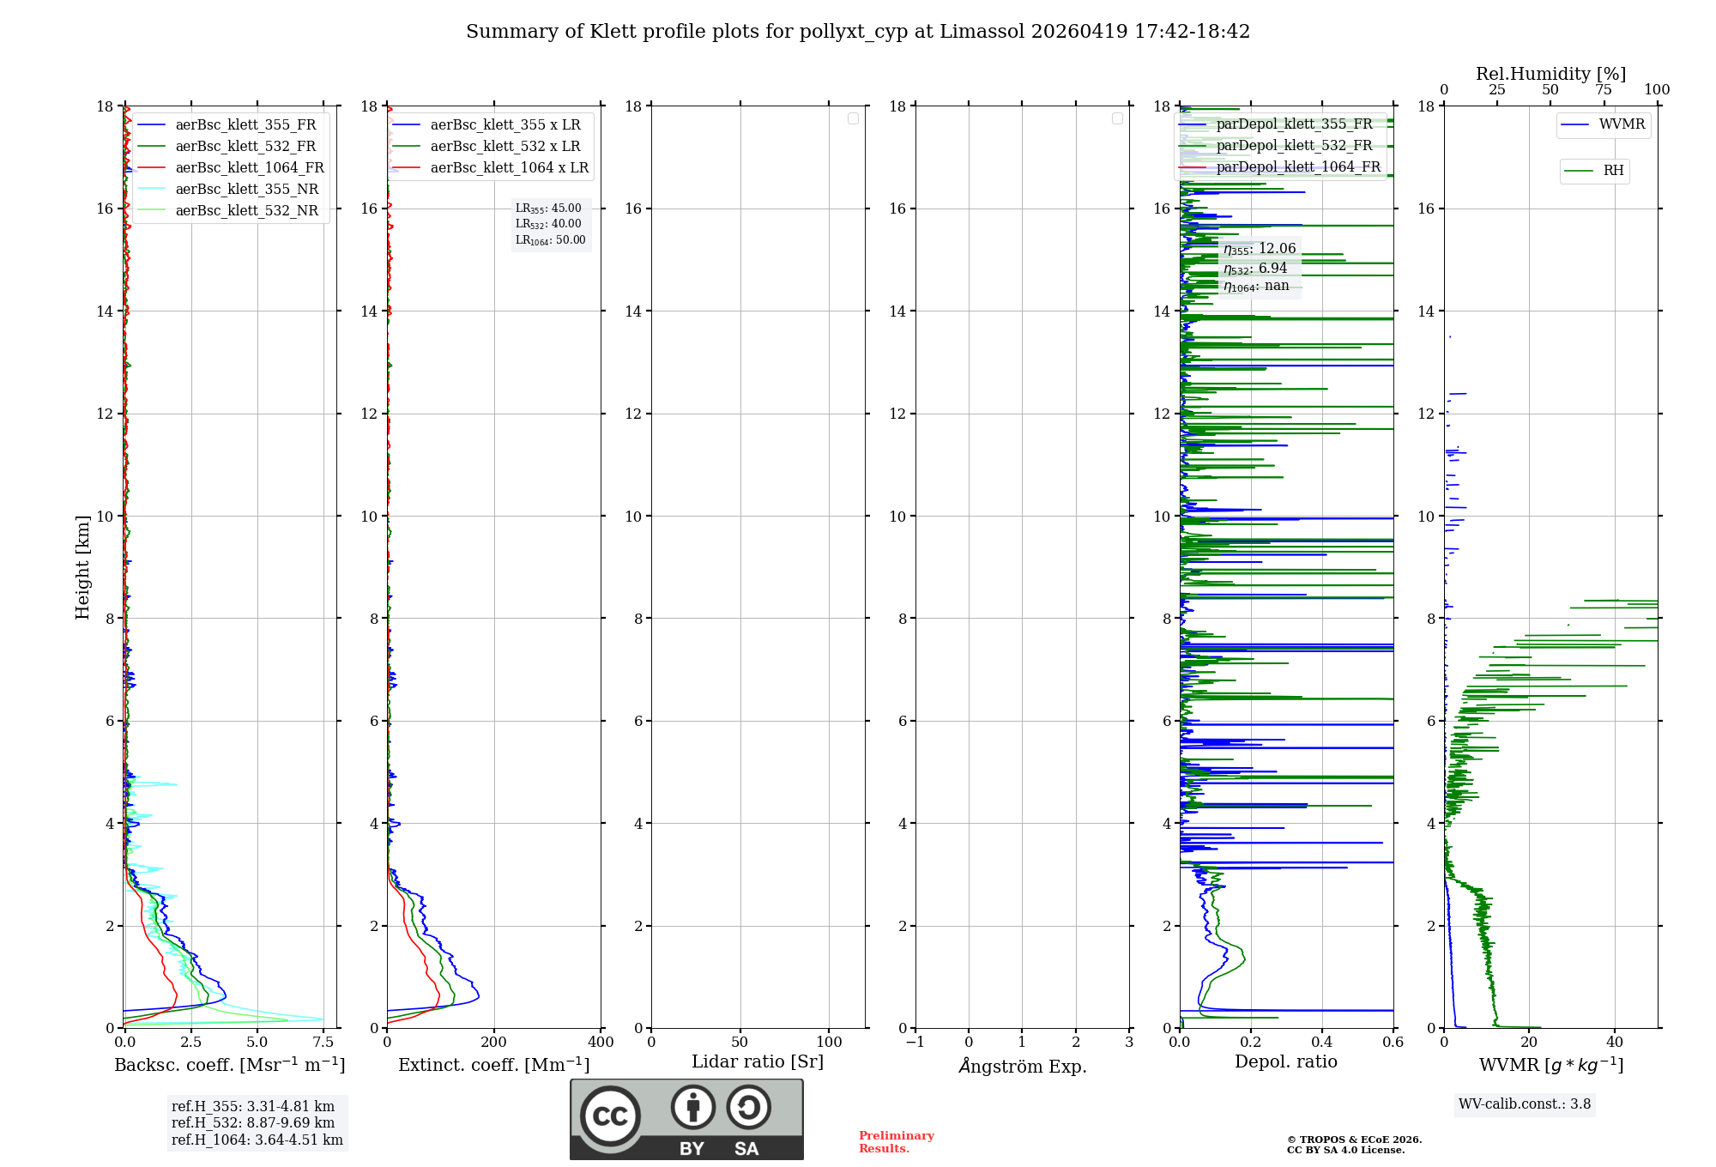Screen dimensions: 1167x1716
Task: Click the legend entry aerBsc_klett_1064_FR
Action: point(250,168)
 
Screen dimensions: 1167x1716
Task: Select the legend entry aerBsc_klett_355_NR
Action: point(246,190)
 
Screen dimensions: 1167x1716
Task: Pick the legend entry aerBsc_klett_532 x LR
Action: point(505,147)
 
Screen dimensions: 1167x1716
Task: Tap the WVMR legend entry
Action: point(1622,124)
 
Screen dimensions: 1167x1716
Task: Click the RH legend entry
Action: point(1613,171)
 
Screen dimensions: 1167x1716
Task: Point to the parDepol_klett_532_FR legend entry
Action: point(1294,146)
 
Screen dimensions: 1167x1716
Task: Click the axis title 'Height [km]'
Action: point(82,566)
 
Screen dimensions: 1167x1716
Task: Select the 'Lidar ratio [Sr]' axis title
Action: point(758,1062)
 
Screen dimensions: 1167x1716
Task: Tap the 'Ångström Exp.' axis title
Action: point(1023,1066)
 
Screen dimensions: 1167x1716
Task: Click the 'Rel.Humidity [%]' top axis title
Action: point(1550,74)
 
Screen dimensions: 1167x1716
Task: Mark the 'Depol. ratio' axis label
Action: point(1285,1062)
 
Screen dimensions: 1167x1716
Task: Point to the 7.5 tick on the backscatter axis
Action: point(323,1043)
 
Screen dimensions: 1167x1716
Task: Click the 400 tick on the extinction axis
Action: point(601,1043)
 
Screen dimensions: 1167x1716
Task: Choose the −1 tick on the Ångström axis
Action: point(915,1043)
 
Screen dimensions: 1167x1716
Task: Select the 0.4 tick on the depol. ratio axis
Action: point(1322,1043)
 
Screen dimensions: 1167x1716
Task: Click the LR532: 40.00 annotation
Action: point(548,224)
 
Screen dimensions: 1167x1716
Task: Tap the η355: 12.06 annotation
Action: point(1260,249)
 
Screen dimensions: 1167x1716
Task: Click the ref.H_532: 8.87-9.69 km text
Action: point(253,1123)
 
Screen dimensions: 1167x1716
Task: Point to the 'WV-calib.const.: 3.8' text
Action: point(1525,1104)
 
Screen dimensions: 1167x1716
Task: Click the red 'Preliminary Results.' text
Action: point(896,1142)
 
